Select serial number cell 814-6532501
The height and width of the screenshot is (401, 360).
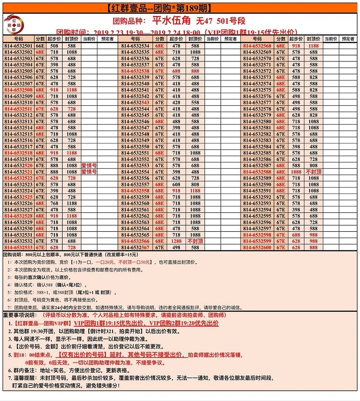[x=18, y=46]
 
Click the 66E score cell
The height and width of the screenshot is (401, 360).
[x=40, y=46]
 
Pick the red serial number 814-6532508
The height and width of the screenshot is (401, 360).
[x=18, y=90]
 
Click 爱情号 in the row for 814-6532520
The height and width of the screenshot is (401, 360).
[x=89, y=165]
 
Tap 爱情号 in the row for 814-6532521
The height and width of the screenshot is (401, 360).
[x=89, y=172]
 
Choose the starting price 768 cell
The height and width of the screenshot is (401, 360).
[x=54, y=203]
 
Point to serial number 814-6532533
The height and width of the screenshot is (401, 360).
[x=18, y=247]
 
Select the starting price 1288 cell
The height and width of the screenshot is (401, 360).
[x=176, y=241]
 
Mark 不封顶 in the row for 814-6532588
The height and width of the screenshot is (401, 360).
[x=313, y=172]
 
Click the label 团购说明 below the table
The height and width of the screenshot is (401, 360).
[x=13, y=254]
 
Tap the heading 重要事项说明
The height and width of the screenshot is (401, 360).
[x=20, y=314]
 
